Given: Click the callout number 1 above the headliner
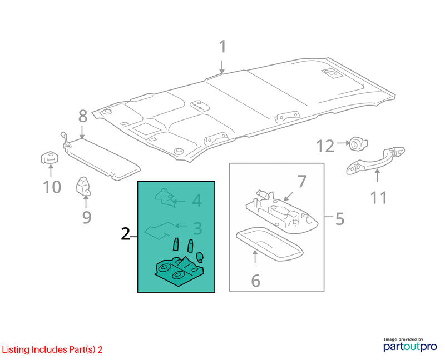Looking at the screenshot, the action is coord(223,47).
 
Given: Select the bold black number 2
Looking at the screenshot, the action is coord(125,234).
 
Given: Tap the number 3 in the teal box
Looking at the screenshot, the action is coord(197,228).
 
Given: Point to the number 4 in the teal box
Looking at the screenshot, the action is coord(197,201).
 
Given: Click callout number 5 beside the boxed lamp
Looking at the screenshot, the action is coord(340,219).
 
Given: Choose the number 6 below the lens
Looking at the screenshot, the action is coord(256,281).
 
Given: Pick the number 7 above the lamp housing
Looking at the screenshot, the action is coord(302,182).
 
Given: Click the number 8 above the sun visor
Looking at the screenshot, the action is coord(82,116).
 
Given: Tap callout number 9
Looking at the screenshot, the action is coord(87,217).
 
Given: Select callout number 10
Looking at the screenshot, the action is coord(52,187).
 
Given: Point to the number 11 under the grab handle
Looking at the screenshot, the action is coord(379,197).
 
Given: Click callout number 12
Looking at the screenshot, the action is coord(325,146).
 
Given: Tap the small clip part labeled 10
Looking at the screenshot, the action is coord(50,158).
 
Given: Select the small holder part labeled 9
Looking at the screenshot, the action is coord(83,186).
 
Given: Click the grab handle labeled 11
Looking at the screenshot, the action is coord(375,161).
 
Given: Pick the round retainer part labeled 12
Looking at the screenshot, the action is coord(358,144).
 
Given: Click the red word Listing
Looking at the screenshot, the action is coord(16,350).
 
